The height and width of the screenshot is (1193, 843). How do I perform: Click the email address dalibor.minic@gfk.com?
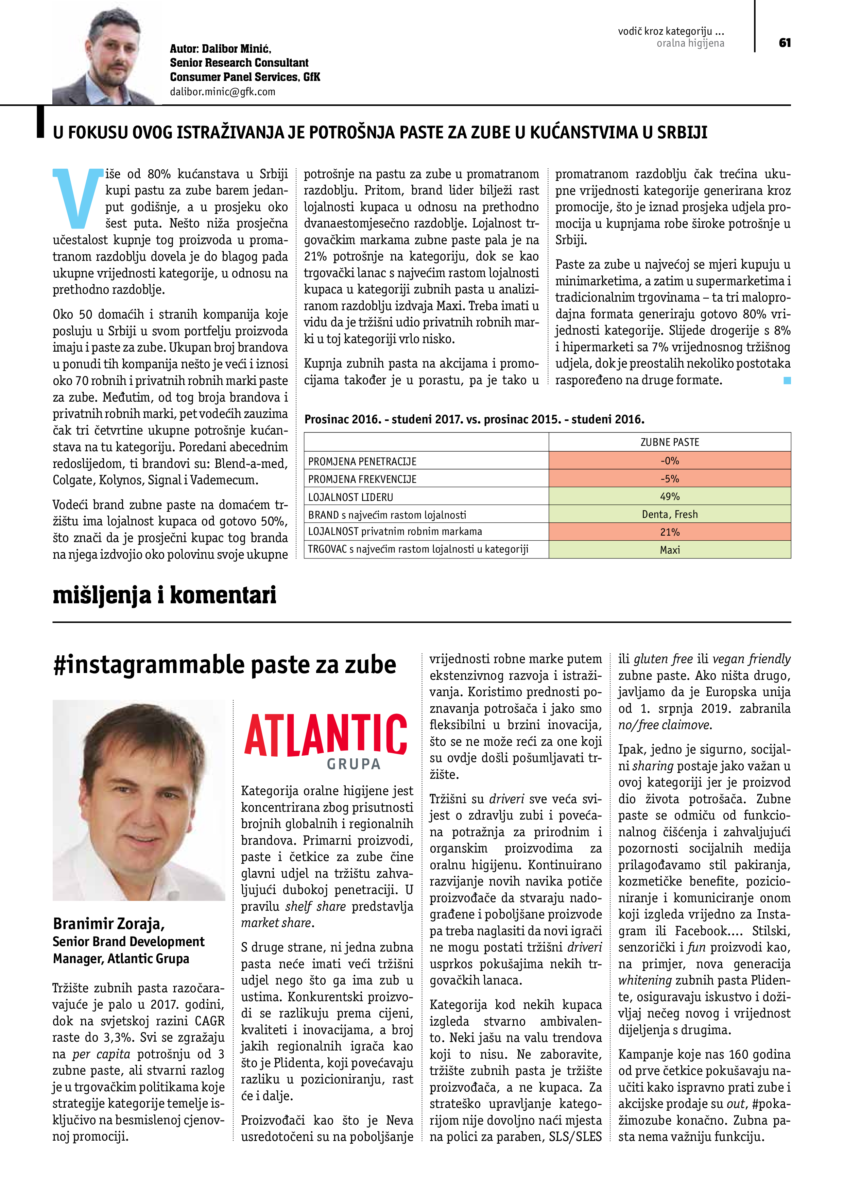(x=222, y=92)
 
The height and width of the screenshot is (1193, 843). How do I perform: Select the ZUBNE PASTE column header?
(x=670, y=442)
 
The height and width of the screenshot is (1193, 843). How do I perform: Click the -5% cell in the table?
(x=670, y=478)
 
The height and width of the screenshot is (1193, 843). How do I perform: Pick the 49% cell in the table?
(x=670, y=496)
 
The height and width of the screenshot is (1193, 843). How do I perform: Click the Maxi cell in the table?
(x=670, y=550)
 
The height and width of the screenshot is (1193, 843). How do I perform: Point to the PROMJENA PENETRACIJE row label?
(x=362, y=461)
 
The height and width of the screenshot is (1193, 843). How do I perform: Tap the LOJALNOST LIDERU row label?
(x=350, y=497)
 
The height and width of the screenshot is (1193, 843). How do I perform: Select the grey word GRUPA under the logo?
(x=354, y=764)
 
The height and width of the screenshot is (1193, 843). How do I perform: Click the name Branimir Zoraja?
(x=108, y=923)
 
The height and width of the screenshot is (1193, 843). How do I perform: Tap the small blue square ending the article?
(x=787, y=381)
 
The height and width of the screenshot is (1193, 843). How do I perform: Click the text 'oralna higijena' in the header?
(x=690, y=44)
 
